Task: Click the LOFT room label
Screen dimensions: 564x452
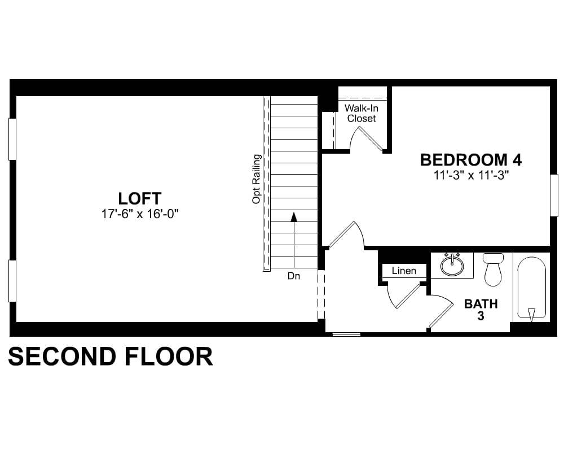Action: click(139, 198)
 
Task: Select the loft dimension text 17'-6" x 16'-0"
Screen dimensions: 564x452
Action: click(140, 214)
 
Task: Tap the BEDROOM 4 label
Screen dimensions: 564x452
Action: click(471, 160)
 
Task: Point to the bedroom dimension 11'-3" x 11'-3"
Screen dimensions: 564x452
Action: click(471, 176)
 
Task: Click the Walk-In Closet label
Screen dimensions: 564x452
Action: click(362, 113)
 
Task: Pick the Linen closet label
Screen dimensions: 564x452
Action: click(404, 271)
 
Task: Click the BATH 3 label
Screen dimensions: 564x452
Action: click(481, 310)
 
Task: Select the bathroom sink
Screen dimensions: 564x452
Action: click(452, 265)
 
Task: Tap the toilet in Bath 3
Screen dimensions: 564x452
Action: click(493, 269)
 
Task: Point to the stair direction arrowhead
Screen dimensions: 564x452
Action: click(294, 216)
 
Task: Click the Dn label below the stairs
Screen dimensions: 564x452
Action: click(294, 276)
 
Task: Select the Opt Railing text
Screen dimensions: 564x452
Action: click(256, 179)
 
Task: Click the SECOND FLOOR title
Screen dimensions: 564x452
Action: click(111, 357)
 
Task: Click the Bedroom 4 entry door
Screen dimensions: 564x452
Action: click(347, 234)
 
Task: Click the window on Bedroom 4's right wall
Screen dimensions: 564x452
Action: click(554, 195)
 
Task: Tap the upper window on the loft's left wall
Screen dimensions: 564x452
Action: click(12, 139)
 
